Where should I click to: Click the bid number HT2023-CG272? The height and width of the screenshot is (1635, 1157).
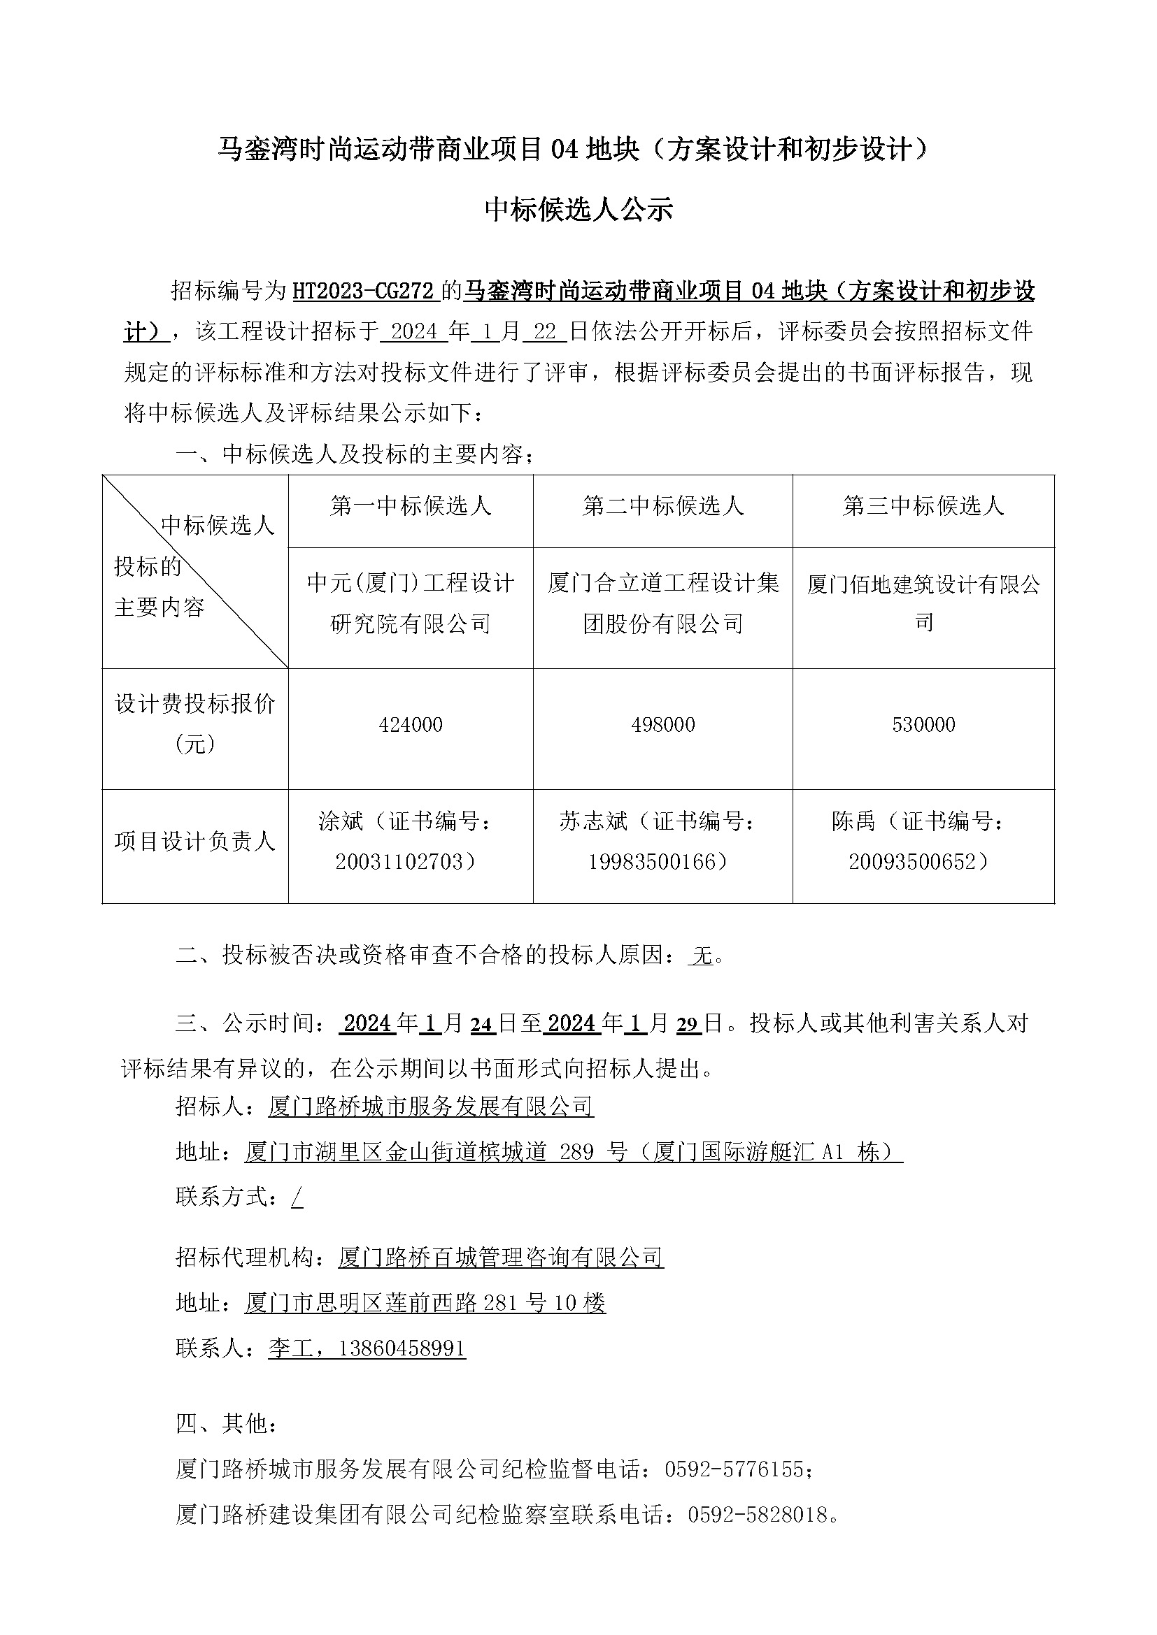362,291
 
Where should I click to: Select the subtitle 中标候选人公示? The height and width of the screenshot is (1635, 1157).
578,210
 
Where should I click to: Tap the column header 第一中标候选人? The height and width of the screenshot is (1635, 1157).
411,505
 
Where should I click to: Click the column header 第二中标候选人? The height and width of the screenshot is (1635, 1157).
662,505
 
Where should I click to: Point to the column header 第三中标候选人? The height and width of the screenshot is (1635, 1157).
923,505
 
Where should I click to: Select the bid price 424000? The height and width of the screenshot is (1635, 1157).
411,725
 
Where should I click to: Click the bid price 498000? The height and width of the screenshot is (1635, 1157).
662,725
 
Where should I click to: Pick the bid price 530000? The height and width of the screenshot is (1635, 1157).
923,725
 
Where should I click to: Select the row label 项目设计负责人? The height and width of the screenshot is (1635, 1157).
194,842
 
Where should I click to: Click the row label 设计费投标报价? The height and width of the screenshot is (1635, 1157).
194,705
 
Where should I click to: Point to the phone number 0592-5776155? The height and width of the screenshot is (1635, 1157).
734,1469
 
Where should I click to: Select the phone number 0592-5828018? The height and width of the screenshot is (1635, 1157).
758,1515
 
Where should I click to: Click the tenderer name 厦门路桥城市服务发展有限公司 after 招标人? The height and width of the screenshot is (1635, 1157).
430,1106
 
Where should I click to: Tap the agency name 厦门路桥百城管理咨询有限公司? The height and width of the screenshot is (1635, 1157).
500,1258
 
